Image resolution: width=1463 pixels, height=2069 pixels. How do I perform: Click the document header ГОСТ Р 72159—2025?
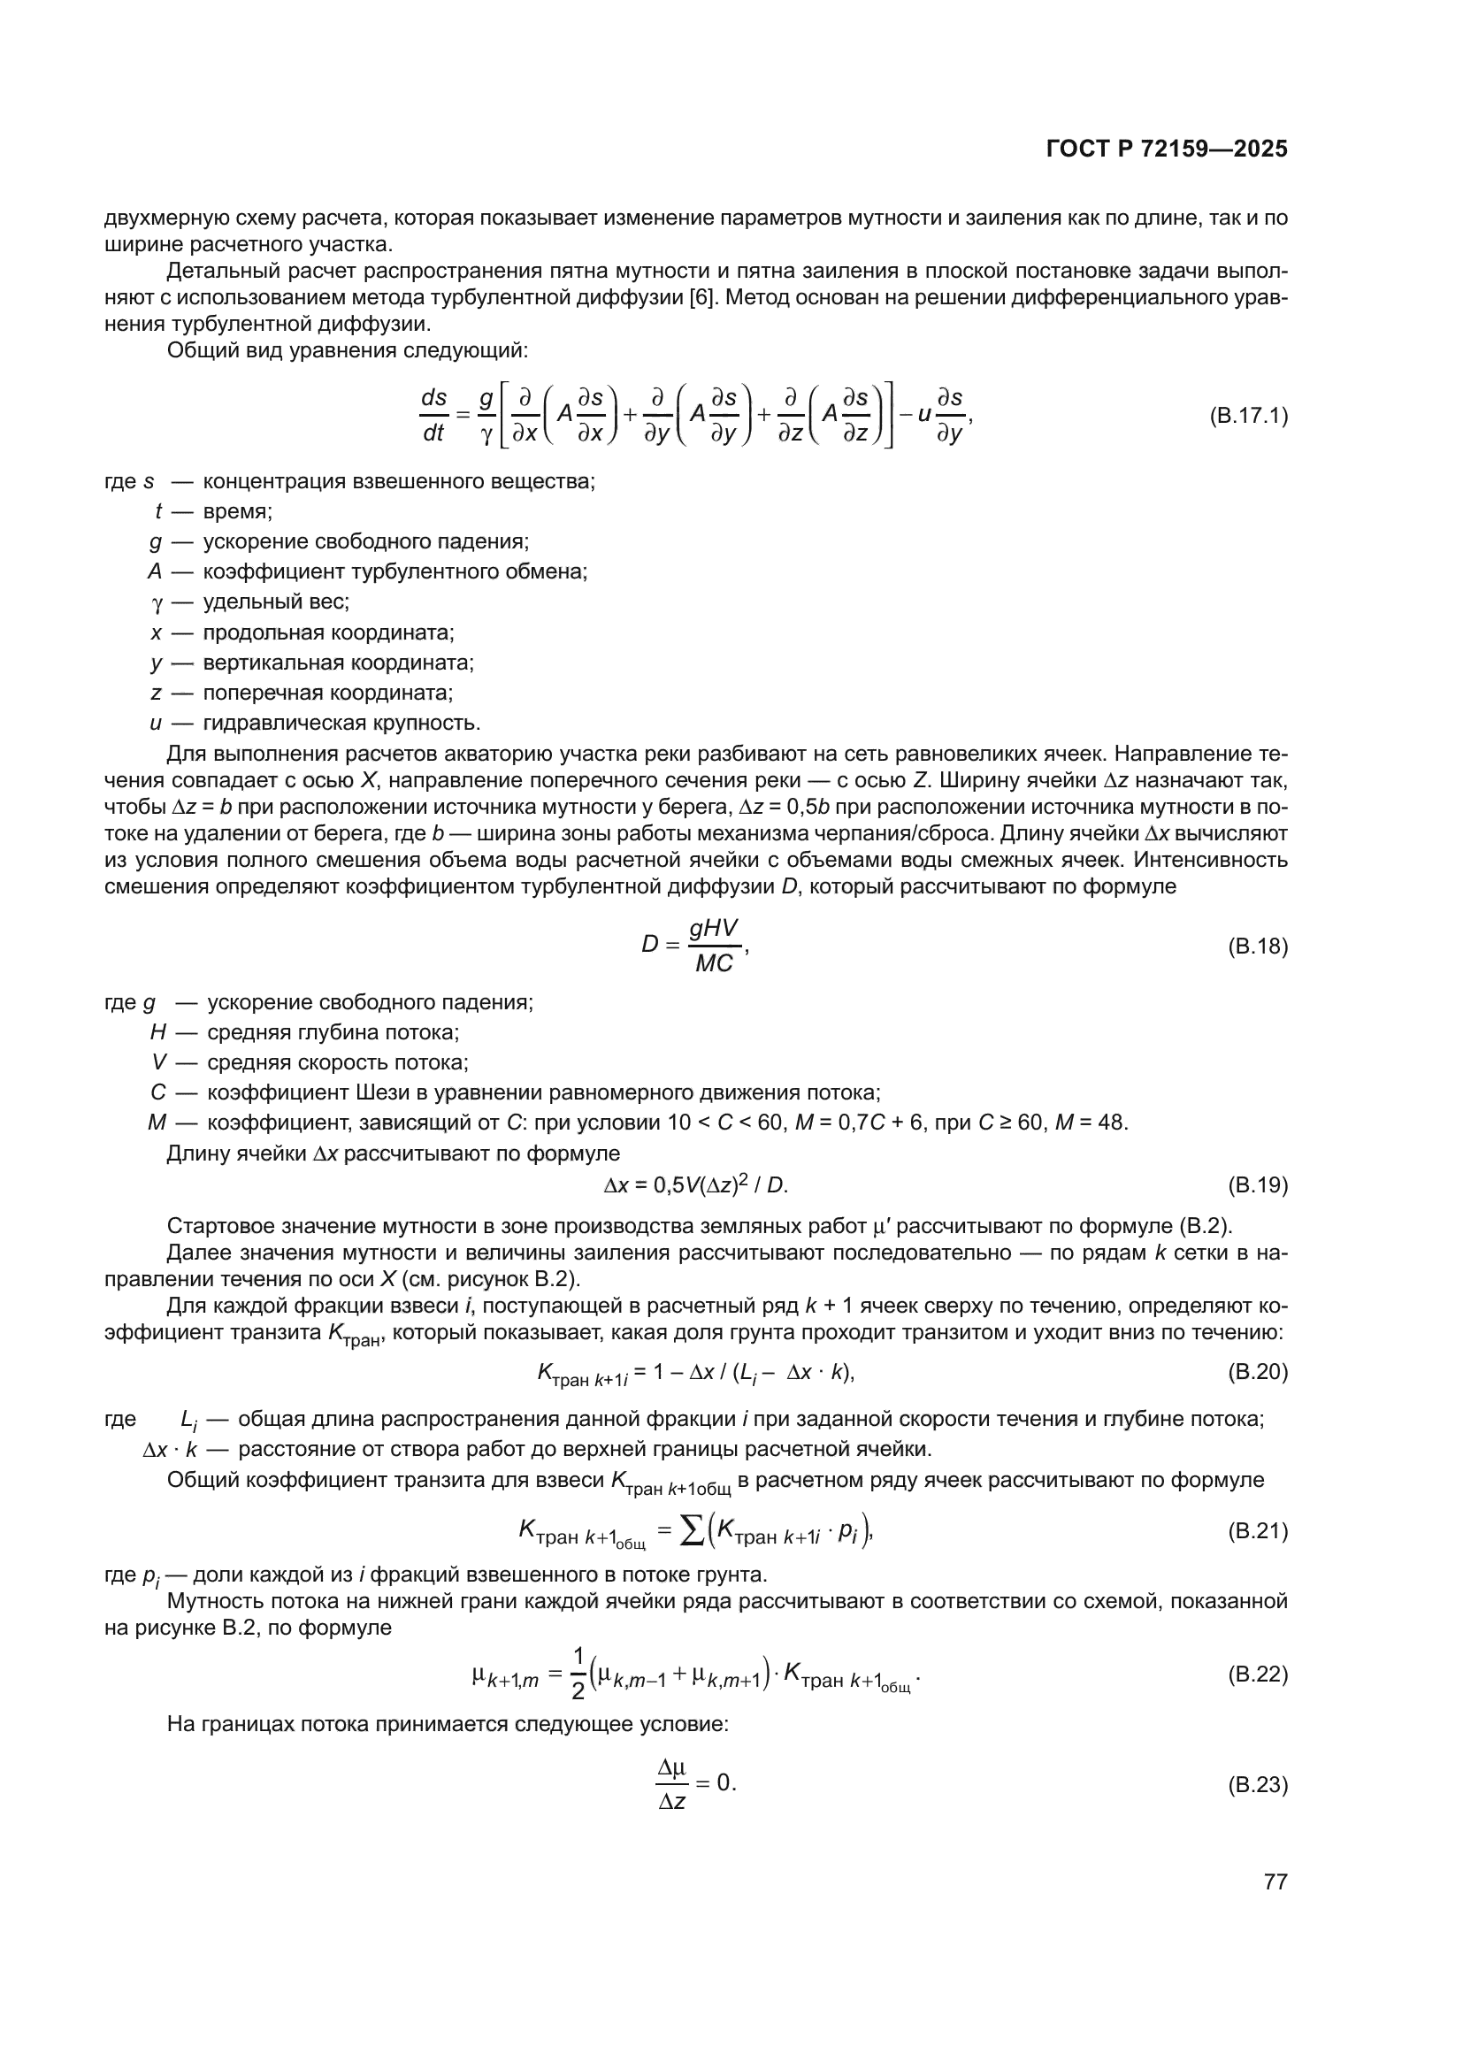click(x=1167, y=149)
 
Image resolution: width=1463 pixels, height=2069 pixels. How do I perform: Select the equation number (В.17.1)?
click(x=1248, y=417)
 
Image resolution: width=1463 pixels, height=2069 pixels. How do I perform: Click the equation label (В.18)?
click(x=1258, y=946)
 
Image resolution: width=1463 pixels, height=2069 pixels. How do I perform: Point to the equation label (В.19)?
click(x=1258, y=1185)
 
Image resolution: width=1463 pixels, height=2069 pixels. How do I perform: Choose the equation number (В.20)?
click(x=1258, y=1372)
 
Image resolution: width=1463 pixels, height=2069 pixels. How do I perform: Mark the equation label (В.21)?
click(x=1258, y=1531)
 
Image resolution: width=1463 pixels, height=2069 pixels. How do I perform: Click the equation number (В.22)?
click(x=1258, y=1674)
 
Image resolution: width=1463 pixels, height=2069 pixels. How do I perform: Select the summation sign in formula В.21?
click(x=691, y=1531)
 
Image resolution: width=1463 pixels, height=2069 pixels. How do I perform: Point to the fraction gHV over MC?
click(x=714, y=946)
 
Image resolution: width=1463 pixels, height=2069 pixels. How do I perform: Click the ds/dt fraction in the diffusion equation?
click(x=433, y=416)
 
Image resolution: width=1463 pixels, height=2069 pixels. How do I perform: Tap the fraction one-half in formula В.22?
click(x=578, y=1674)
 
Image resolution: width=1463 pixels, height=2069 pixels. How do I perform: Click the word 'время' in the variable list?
click(x=237, y=512)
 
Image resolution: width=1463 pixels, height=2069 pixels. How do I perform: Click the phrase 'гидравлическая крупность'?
click(x=341, y=723)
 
